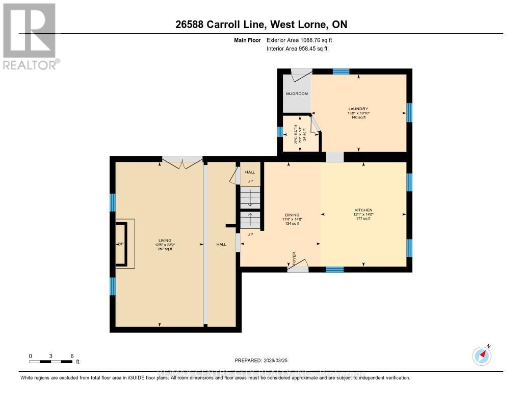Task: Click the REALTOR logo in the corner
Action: click(29, 36)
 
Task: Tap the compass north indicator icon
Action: click(482, 355)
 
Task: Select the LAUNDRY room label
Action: click(358, 109)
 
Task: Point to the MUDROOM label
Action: click(296, 94)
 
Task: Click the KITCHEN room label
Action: click(363, 210)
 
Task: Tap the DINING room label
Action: click(293, 215)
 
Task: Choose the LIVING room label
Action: click(164, 240)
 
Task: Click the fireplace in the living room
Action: click(122, 244)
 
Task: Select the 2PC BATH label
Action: click(300, 134)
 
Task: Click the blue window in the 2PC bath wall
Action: click(280, 132)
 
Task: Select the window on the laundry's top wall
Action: click(341, 72)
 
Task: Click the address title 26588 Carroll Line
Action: click(260, 25)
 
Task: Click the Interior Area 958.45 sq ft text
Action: click(297, 49)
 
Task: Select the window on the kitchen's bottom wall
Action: click(334, 269)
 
